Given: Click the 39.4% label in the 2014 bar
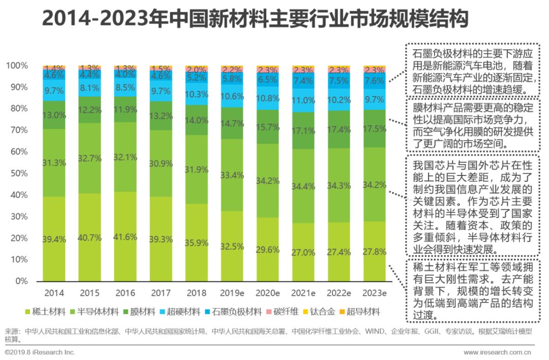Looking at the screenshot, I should click(x=53, y=239).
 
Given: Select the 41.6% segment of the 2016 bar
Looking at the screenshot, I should click(x=125, y=236).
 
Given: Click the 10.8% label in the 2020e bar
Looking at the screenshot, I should click(x=268, y=98).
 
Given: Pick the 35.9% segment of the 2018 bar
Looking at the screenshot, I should click(x=196, y=243).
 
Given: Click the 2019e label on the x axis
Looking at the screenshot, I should click(x=232, y=293).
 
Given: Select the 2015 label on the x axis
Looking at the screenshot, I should click(x=89, y=293).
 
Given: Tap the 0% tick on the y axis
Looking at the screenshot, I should click(x=21, y=281).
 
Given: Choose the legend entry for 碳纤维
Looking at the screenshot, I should click(x=282, y=311).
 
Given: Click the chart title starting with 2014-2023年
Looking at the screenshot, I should click(x=254, y=19).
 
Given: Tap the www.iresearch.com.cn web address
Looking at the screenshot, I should click(x=497, y=352).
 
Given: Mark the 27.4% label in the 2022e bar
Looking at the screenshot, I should click(x=339, y=252).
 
